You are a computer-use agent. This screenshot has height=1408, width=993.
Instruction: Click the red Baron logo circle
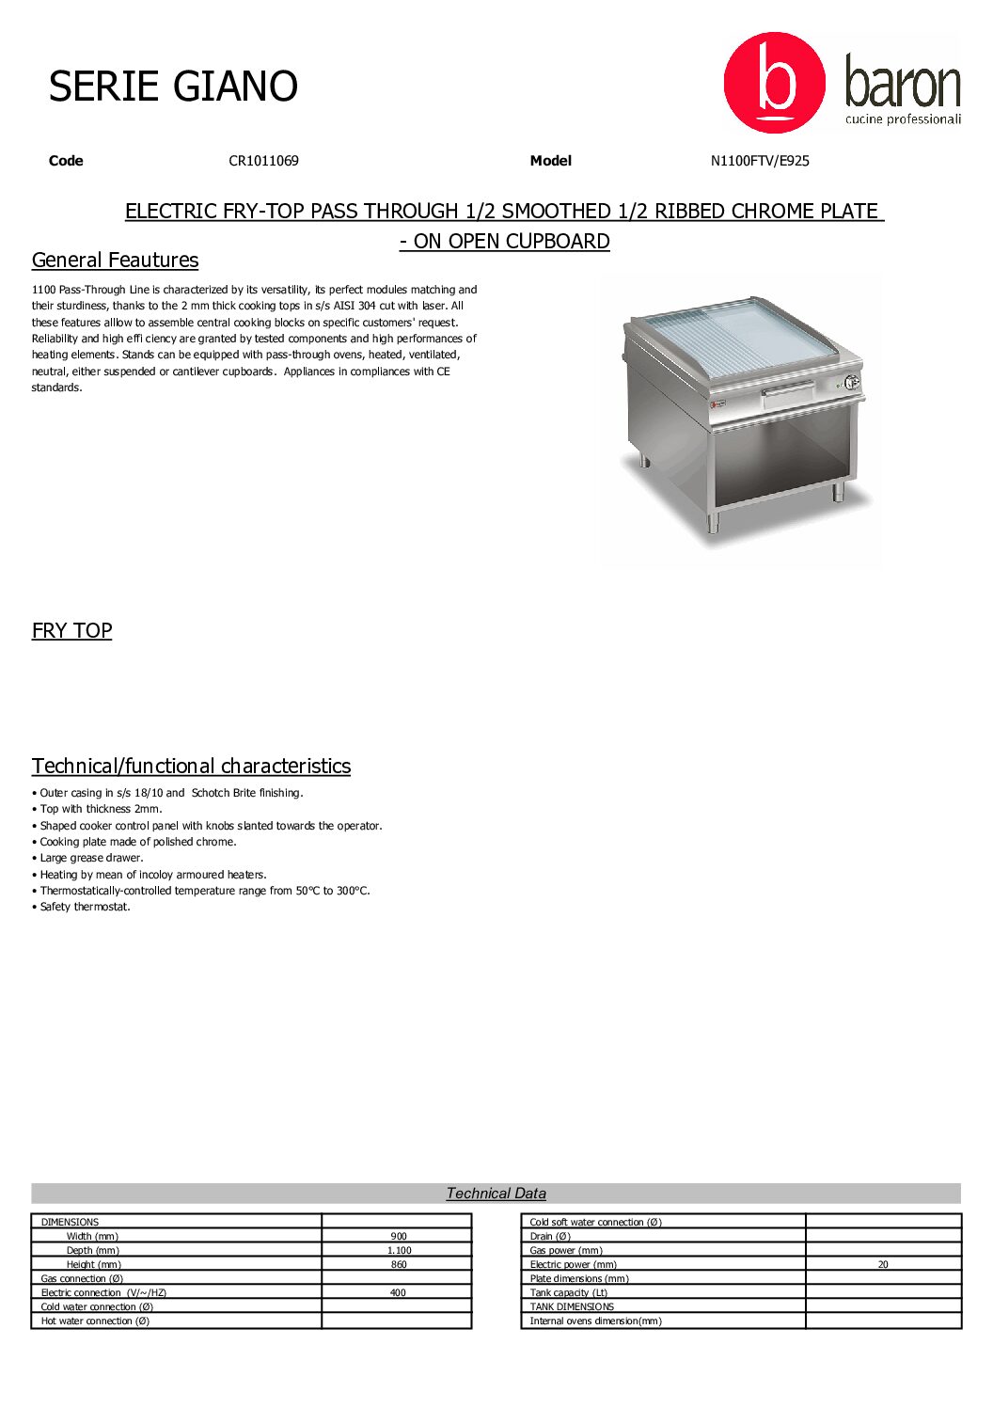pos(774,83)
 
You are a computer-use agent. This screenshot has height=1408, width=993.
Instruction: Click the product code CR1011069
pos(263,161)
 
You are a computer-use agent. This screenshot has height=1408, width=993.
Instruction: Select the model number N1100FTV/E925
pos(760,161)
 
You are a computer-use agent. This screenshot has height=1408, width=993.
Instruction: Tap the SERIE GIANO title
pos(173,87)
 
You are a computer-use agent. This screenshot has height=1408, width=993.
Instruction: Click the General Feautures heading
pos(115,261)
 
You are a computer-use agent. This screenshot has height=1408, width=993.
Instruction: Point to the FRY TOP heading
pos(71,631)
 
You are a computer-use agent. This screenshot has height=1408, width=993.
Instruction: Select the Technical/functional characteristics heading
pos(191,767)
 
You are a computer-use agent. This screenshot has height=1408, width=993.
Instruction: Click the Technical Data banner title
pos(496,1194)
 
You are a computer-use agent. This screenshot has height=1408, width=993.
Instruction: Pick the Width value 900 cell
pos(398,1237)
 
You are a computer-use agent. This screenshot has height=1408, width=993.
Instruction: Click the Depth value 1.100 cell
pos(398,1251)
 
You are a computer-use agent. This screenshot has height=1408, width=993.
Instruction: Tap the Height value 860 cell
pos(398,1265)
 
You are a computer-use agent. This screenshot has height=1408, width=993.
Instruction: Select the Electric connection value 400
pos(398,1293)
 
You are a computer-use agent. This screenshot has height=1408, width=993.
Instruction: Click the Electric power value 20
pos(882,1265)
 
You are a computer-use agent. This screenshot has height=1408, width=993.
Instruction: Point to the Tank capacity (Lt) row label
pos(568,1293)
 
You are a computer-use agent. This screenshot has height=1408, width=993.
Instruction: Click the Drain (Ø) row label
pos(550,1237)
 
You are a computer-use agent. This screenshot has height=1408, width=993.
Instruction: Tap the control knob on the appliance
pos(851,382)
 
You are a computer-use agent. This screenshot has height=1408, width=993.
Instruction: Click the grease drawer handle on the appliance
pos(788,388)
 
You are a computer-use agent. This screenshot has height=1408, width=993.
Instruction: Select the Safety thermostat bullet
pos(85,908)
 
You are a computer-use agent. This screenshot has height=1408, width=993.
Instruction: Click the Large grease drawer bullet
pos(91,859)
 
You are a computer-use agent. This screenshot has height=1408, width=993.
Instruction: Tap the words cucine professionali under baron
pos(903,119)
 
